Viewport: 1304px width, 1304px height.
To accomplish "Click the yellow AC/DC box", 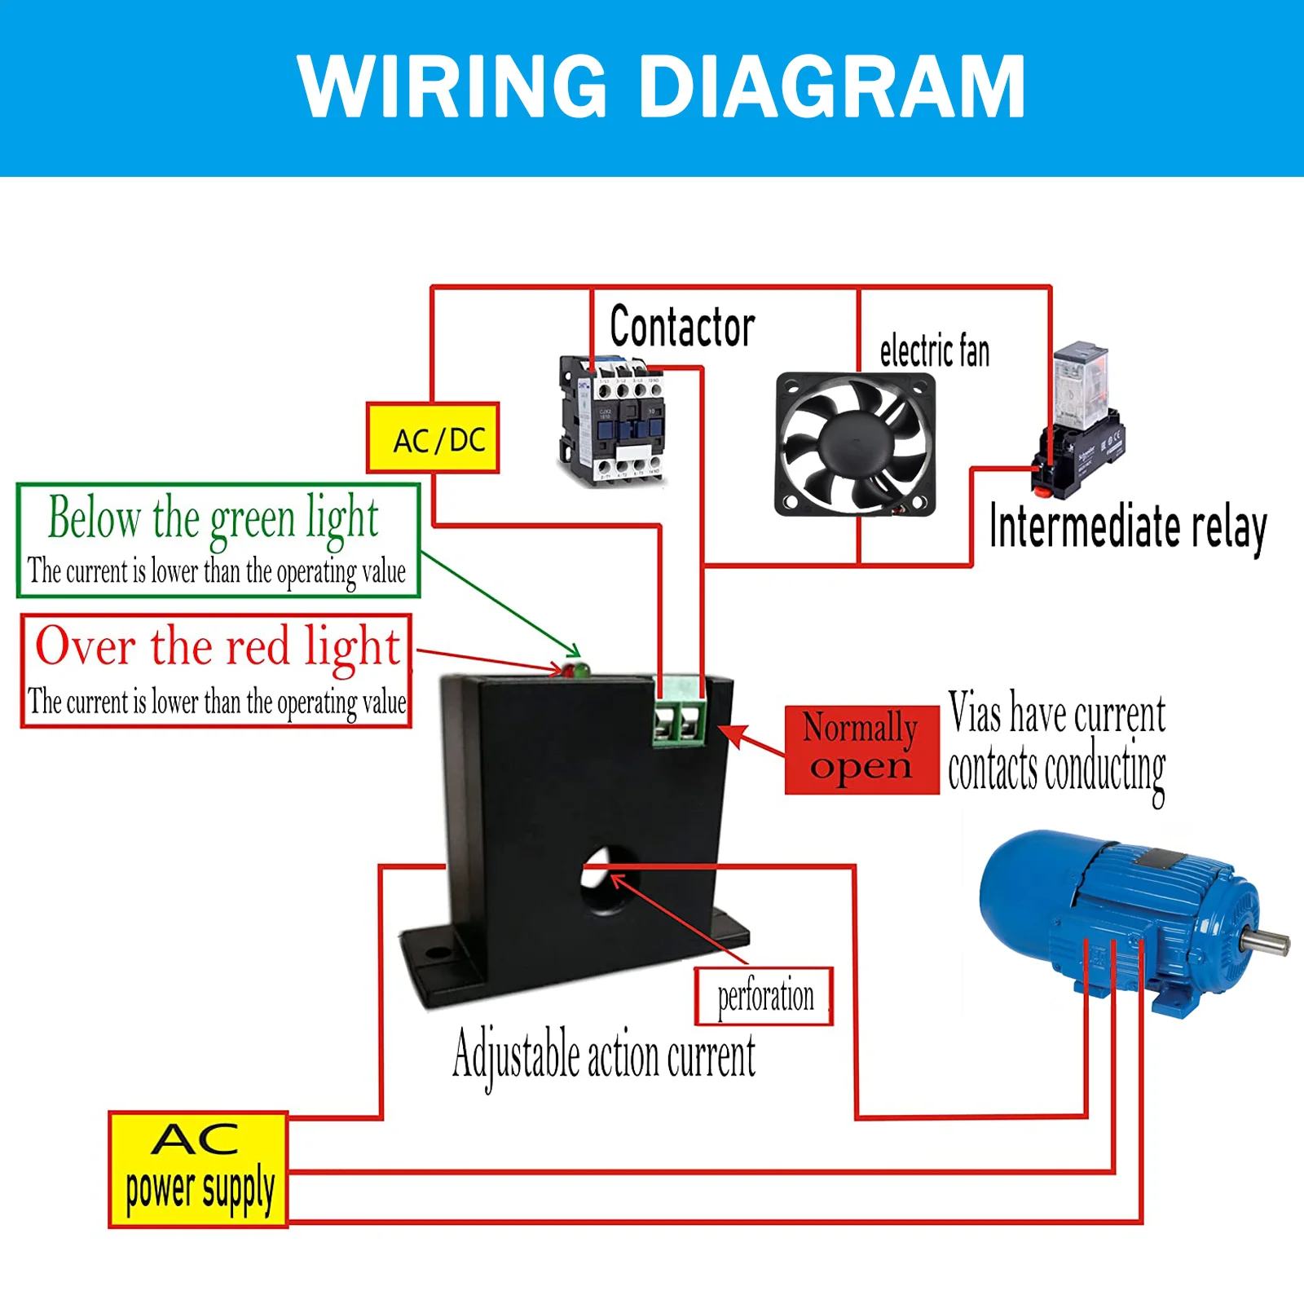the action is tap(432, 438).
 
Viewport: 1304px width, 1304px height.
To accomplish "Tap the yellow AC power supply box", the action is tap(198, 1170).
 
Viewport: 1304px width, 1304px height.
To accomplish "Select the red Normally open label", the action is tap(861, 750).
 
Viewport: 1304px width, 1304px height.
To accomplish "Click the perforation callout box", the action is tap(764, 996).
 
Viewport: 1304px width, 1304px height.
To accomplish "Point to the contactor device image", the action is tap(611, 421).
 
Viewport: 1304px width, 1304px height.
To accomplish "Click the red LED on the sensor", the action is tap(568, 672).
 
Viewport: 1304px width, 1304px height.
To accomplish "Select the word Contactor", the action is tap(682, 326).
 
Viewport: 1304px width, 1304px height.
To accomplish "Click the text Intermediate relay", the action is tap(1128, 527).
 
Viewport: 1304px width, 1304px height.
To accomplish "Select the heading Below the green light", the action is tap(214, 519).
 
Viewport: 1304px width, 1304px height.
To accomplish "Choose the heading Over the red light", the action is tap(218, 647).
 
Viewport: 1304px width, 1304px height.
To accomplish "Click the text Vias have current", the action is tap(1057, 713).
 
